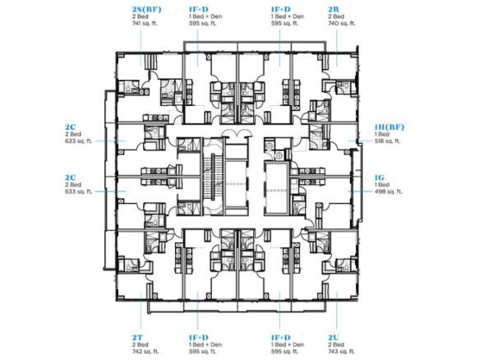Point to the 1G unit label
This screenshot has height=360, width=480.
[x=380, y=176]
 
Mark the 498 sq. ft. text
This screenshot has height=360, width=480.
[x=386, y=193]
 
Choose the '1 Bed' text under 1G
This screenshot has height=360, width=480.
[x=381, y=185]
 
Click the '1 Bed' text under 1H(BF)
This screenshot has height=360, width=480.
[x=381, y=136]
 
